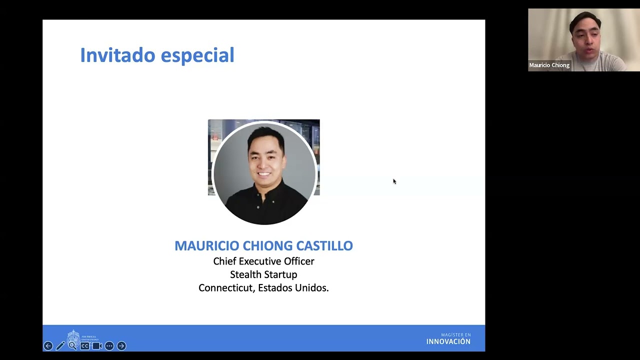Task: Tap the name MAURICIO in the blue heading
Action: point(206,245)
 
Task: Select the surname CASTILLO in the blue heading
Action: point(324,245)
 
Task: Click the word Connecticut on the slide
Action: point(225,288)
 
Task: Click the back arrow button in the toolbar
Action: point(48,346)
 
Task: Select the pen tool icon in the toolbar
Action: point(60,346)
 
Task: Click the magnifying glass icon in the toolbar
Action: point(72,345)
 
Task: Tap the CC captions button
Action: point(85,346)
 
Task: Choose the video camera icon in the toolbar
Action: point(97,346)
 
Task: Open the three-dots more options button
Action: point(109,346)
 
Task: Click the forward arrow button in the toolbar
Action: point(121,346)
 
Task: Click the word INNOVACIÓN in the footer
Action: point(448,341)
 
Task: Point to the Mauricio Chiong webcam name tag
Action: point(549,65)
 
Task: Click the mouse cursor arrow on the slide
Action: point(394,181)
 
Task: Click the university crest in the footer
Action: point(73,336)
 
